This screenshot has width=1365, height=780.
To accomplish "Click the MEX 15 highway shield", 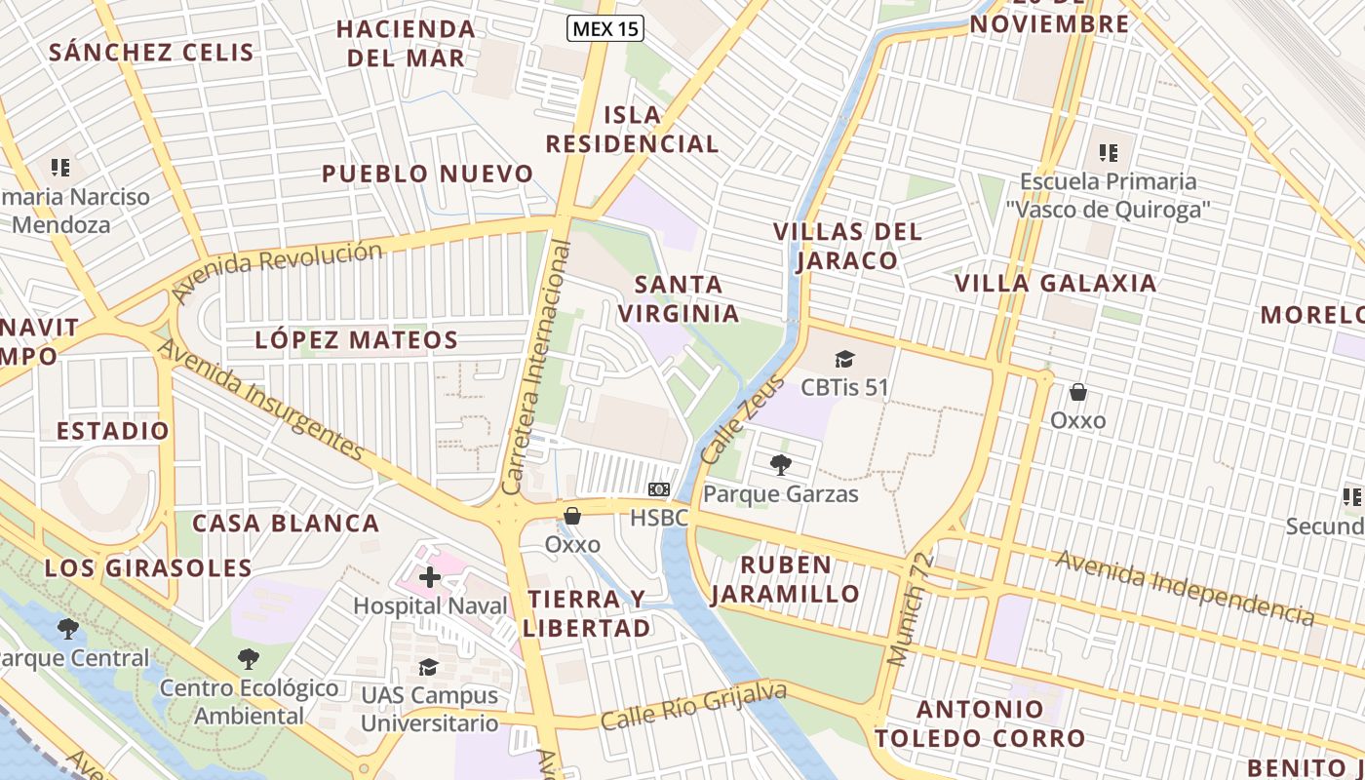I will (605, 28).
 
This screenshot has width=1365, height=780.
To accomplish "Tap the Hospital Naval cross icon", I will (429, 577).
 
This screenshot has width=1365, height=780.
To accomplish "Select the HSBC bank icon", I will (659, 488).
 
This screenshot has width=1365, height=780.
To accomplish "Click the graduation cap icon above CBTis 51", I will (844, 359).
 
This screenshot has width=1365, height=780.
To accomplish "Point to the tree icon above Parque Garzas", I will (780, 464).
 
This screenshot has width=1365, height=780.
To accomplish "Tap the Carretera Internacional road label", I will (535, 368).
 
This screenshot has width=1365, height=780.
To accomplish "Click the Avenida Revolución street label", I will (277, 271).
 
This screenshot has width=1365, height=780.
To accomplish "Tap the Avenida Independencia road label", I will (1184, 586).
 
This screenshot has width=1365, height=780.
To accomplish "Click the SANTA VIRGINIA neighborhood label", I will (679, 299).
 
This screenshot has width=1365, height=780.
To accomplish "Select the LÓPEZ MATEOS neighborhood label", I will (356, 340).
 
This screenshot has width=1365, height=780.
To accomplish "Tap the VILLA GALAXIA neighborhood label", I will (1055, 284).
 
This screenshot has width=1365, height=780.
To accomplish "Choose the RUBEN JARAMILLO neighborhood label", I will (785, 579).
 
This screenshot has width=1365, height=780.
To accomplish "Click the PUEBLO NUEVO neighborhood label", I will (428, 175).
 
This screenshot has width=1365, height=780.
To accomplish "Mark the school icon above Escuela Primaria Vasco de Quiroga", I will (1109, 152).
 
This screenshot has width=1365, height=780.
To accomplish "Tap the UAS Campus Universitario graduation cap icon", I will (428, 667).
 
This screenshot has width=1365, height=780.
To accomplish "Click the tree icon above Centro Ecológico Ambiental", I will (249, 659).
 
